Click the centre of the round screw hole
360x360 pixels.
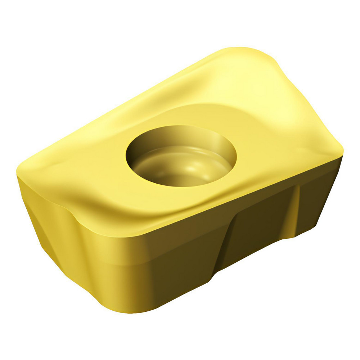tap(181, 156)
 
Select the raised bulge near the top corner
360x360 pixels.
tap(252, 72)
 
